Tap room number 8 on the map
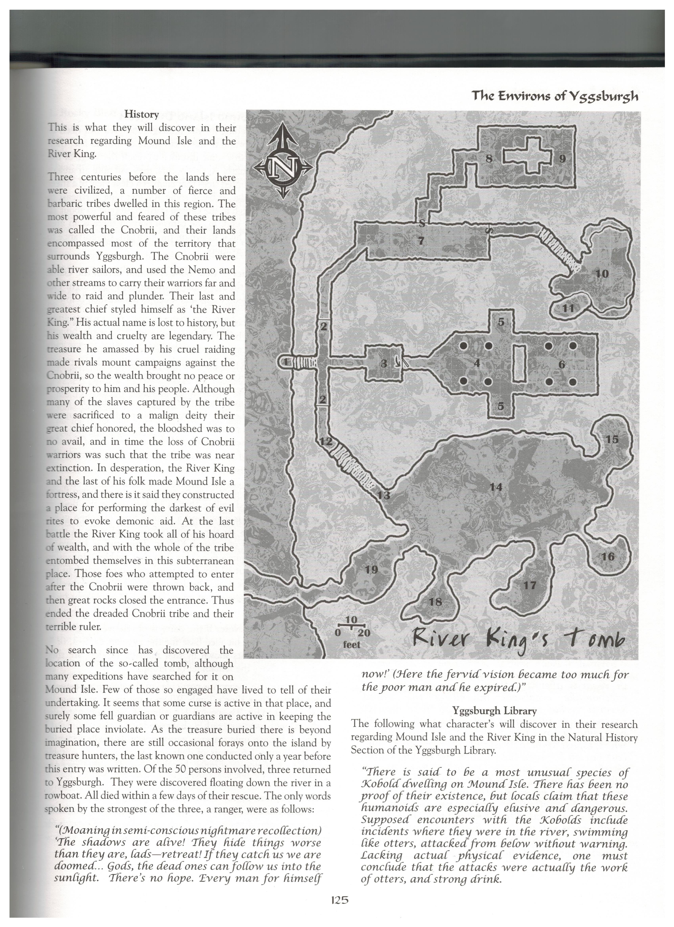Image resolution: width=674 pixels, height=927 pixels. pyautogui.click(x=488, y=159)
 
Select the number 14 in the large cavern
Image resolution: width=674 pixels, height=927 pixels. pyautogui.click(x=496, y=487)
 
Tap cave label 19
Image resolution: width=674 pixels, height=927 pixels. pyautogui.click(x=371, y=569)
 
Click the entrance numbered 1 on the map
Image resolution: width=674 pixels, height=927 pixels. pyautogui.click(x=286, y=362)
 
